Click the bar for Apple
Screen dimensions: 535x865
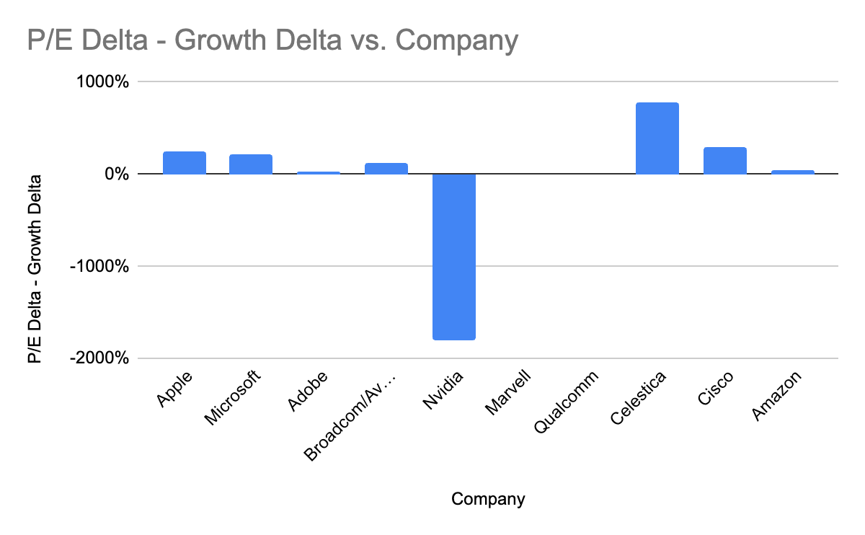tap(185, 163)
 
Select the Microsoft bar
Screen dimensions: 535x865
tap(251, 164)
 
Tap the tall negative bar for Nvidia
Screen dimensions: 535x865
tap(454, 256)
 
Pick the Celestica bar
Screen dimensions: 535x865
tap(657, 138)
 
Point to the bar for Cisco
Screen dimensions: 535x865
tap(724, 161)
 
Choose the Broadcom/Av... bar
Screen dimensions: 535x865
tap(386, 169)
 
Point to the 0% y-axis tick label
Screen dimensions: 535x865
tap(115, 174)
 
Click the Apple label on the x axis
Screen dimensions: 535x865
tap(174, 389)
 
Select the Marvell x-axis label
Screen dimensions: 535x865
tap(507, 393)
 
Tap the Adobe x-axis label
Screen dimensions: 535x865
tap(308, 392)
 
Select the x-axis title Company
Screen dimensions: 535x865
tap(488, 499)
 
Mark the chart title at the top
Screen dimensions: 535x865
tap(272, 40)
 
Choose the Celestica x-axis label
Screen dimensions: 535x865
tap(638, 399)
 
